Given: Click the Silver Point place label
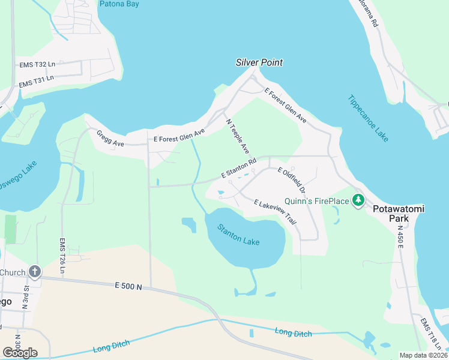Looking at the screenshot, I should click(x=259, y=62).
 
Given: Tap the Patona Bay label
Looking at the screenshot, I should click(x=119, y=4).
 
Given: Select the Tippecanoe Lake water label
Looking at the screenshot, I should click(x=369, y=118).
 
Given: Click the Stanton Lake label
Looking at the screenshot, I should click(x=239, y=235).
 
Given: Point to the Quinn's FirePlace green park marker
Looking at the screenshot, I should click(x=359, y=199).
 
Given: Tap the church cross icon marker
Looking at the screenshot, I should click(x=35, y=272).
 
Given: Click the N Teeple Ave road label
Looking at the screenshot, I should click(x=237, y=135).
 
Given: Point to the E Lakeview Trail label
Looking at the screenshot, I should click(x=275, y=212).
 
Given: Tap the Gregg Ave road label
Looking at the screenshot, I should click(x=110, y=139).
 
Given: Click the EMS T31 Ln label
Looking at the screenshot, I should click(x=36, y=81).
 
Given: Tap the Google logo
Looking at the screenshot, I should click(x=20, y=352).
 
